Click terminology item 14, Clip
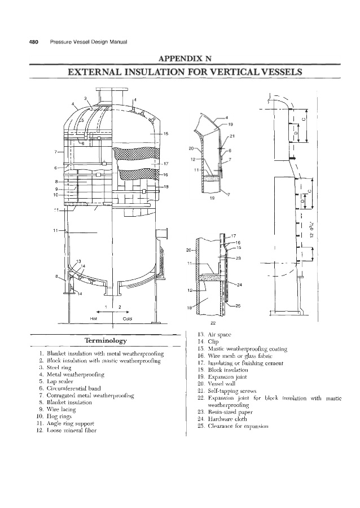click(x=205, y=342)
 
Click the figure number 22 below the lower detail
click(x=213, y=323)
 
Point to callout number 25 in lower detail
click(x=238, y=306)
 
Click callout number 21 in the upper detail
click(x=232, y=137)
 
